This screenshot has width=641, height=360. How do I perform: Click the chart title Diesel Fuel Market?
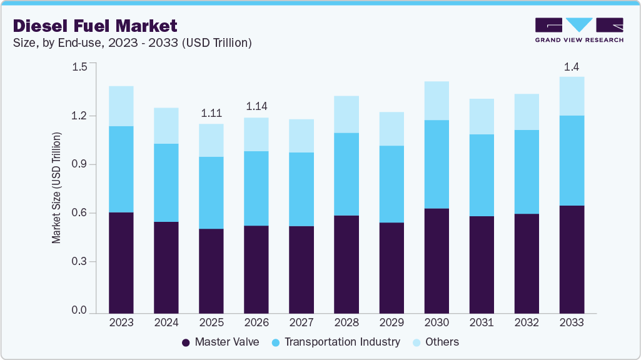[95, 26]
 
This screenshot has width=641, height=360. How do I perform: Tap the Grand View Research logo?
[579, 30]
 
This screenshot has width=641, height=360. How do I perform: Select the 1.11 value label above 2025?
[211, 114]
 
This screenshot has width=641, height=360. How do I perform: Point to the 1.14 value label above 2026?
[256, 107]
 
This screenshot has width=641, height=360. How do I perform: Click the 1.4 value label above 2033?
[572, 67]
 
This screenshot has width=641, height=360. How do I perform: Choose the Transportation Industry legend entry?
[341, 342]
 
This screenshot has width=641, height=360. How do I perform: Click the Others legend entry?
[442, 342]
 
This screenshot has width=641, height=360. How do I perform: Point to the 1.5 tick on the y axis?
[79, 67]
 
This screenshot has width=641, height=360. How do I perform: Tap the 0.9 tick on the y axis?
[79, 164]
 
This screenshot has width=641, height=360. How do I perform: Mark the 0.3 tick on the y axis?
[79, 261]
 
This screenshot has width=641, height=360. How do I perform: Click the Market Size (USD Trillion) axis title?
[56, 187]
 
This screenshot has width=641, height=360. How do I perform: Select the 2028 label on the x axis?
[346, 322]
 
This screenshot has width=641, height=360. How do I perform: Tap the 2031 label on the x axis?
[482, 322]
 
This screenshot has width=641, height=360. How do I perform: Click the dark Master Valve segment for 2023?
[121, 262]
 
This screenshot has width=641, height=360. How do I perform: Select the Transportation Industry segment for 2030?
[437, 164]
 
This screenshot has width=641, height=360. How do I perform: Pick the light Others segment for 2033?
[572, 96]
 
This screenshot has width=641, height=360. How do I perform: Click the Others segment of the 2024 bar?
[166, 126]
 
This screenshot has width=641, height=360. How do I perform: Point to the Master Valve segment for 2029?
[391, 267]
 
